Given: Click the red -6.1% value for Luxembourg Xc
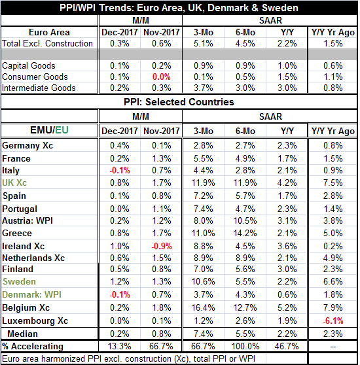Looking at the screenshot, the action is pos(333,321).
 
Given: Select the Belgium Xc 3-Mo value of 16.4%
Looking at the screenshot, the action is pos(203,307).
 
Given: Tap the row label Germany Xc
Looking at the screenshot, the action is pos(27,145).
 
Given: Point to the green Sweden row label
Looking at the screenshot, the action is pos(19,282).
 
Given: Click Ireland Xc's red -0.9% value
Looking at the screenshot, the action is pos(162,246).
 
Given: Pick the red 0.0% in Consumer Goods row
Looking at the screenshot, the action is pos(162,77).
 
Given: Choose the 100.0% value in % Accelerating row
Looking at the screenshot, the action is pos(245,346).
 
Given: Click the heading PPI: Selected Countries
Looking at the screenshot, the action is pos(179,102).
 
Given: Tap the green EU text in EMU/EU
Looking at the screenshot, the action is pos(62,130).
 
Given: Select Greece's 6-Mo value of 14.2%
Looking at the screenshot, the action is pos(245,233).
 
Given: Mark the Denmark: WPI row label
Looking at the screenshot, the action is pos(31,295).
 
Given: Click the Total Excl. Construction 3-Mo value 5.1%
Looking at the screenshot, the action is pos(204,44).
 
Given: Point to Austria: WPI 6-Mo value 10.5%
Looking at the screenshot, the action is pos(245,220).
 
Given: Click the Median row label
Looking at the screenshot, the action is pos(23,334).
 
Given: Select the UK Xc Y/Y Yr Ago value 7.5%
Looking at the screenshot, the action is pos(333,182).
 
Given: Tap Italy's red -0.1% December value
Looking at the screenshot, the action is pos(120,170).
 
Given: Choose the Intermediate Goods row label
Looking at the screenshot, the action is pos(39,88).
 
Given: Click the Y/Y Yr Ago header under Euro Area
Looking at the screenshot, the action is pos(333,32).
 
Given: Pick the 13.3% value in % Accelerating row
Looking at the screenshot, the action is pos(120,346).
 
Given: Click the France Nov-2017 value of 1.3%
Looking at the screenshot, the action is pos(162,158).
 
